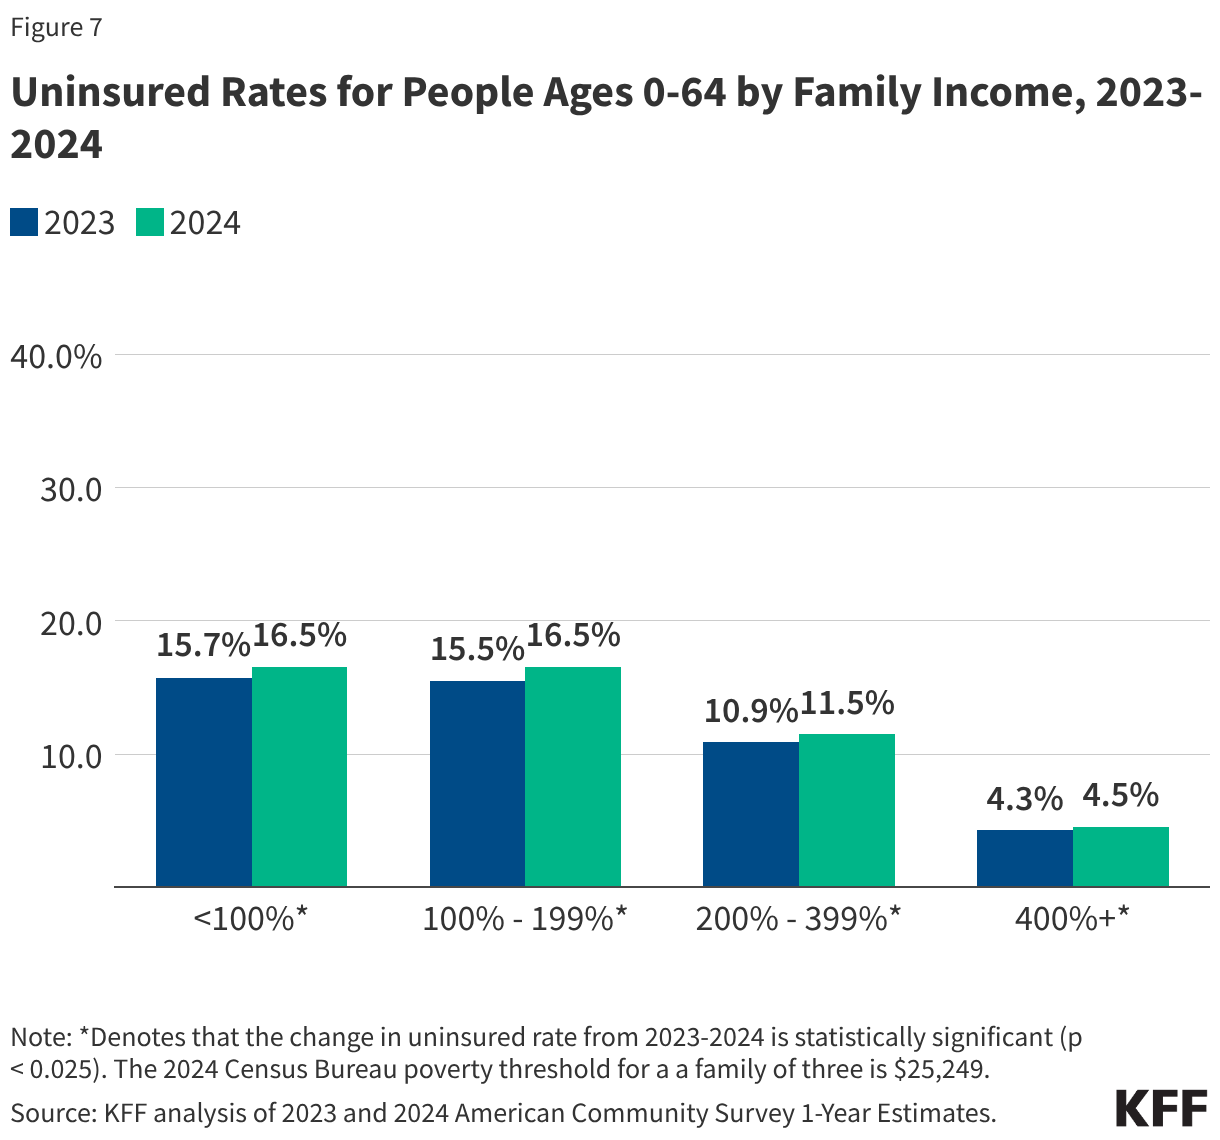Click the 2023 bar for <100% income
(x=204, y=782)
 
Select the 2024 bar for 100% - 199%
(x=573, y=776)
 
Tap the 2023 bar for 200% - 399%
(x=751, y=814)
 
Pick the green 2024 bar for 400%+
(x=1121, y=857)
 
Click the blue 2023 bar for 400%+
(x=1025, y=858)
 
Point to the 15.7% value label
(x=203, y=646)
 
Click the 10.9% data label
(x=751, y=711)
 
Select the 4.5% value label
(x=1121, y=795)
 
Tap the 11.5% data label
(x=847, y=703)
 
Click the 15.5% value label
(x=477, y=649)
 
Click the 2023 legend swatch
(x=24, y=222)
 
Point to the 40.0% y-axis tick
(x=56, y=356)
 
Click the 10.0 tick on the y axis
(x=72, y=756)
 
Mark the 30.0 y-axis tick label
(x=72, y=489)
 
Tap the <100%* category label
(x=251, y=918)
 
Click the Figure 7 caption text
(x=56, y=27)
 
